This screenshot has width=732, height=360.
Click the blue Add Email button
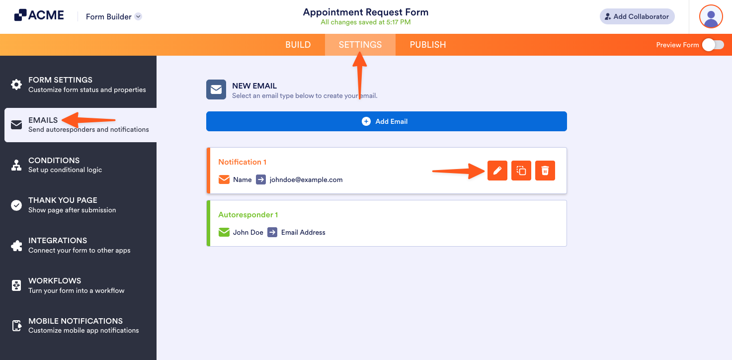tap(386, 121)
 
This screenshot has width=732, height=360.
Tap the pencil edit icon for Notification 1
tap(497, 171)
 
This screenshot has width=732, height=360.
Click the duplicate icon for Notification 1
tap(521, 171)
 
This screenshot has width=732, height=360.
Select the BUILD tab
tap(298, 45)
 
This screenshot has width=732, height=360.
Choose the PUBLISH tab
tap(427, 45)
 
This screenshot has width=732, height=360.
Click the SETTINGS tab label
tap(360, 45)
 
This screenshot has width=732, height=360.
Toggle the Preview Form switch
tap(713, 45)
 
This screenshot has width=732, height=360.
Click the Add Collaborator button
tap(637, 16)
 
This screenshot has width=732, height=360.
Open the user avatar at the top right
tap(711, 16)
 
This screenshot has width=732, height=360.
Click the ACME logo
tap(39, 15)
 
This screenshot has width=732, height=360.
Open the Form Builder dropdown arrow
tap(138, 16)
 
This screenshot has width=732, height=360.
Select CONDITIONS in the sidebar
tap(54, 165)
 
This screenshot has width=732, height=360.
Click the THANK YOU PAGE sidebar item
tap(63, 204)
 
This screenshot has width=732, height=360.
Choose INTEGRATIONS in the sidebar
tap(58, 245)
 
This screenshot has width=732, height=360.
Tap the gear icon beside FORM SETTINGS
tap(16, 85)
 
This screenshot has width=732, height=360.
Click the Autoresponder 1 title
tap(248, 215)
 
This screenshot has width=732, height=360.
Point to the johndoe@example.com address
tap(306, 180)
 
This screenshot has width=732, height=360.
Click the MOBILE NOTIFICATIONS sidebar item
tap(76, 325)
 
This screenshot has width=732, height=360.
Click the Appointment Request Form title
tap(365, 12)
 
